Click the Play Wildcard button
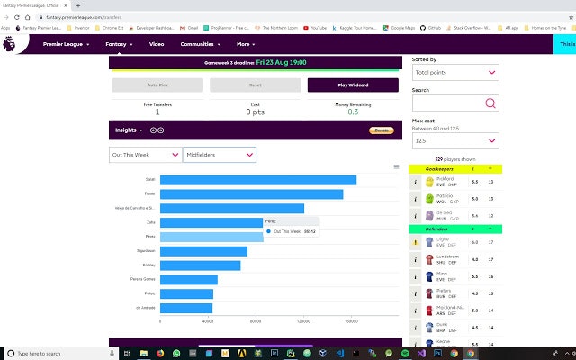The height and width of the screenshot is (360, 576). click(351, 85)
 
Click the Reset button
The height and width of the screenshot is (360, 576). click(255, 85)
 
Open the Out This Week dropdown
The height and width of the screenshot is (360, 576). click(145, 155)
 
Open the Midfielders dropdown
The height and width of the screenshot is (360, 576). click(220, 155)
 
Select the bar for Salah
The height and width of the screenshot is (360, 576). click(257, 180)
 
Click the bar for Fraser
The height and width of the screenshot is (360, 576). click(251, 194)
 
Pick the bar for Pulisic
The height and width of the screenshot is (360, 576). click(186, 293)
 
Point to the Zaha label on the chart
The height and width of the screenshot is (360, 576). click(151, 222)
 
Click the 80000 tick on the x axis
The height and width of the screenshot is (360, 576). click(256, 320)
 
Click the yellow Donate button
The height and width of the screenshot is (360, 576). click(382, 130)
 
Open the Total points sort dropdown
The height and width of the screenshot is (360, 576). click(454, 73)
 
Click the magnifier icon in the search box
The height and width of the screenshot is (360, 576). click(490, 103)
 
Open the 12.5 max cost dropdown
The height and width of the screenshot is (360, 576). click(454, 140)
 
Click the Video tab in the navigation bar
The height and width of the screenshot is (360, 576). click(157, 43)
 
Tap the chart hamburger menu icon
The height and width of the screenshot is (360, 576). click(396, 166)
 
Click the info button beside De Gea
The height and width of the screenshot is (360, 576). click(416, 216)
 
